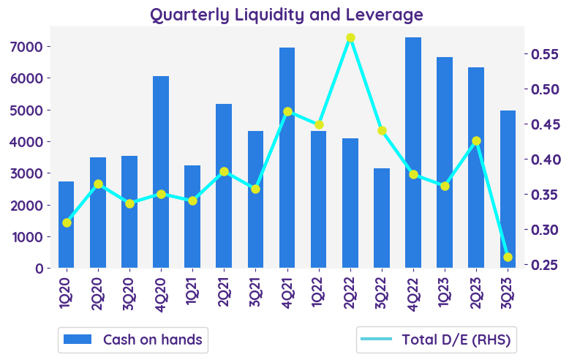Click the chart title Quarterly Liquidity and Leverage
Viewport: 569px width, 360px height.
click(287, 15)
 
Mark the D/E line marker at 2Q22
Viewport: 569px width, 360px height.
click(350, 38)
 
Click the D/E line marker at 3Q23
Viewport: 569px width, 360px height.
click(508, 257)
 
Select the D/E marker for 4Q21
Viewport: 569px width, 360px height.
click(287, 112)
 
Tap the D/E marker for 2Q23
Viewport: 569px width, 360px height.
click(476, 140)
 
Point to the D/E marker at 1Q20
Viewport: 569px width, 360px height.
click(67, 222)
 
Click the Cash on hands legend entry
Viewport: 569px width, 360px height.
click(132, 340)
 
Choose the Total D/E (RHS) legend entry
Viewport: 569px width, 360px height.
click(436, 340)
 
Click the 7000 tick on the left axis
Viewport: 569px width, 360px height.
click(33, 47)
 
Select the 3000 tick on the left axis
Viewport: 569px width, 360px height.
click(33, 173)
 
